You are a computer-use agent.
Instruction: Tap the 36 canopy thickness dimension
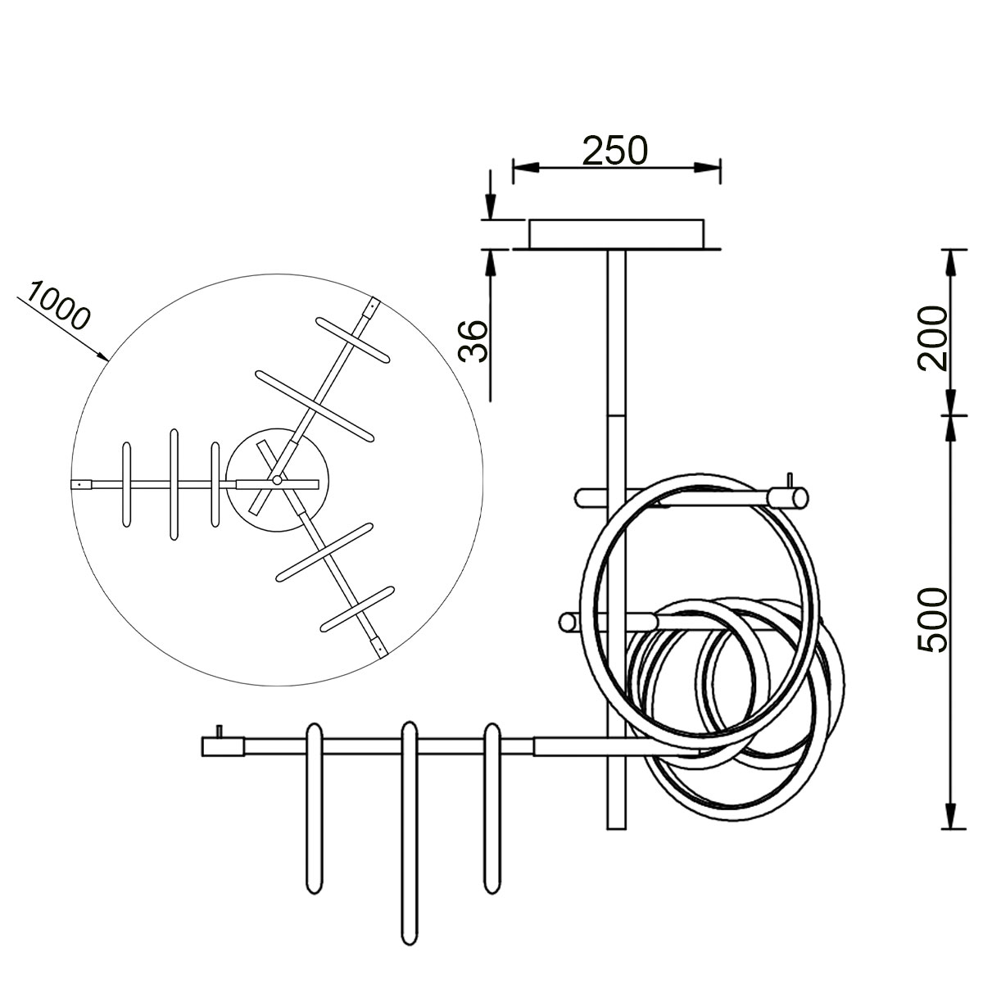point(473,341)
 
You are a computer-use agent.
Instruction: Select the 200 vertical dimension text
point(931,338)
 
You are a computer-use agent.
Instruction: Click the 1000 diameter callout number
point(57,305)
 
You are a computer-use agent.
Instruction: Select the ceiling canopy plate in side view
point(616,233)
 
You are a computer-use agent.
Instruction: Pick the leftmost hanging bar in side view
point(314,807)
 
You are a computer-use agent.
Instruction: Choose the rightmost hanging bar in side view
point(491,807)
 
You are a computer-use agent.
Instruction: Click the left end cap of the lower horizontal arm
point(223,746)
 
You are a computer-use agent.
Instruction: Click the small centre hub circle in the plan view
point(277,480)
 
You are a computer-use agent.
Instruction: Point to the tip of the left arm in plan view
point(79,484)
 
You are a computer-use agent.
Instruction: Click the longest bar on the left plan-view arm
point(174,484)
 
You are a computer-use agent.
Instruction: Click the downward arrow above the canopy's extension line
point(490,205)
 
